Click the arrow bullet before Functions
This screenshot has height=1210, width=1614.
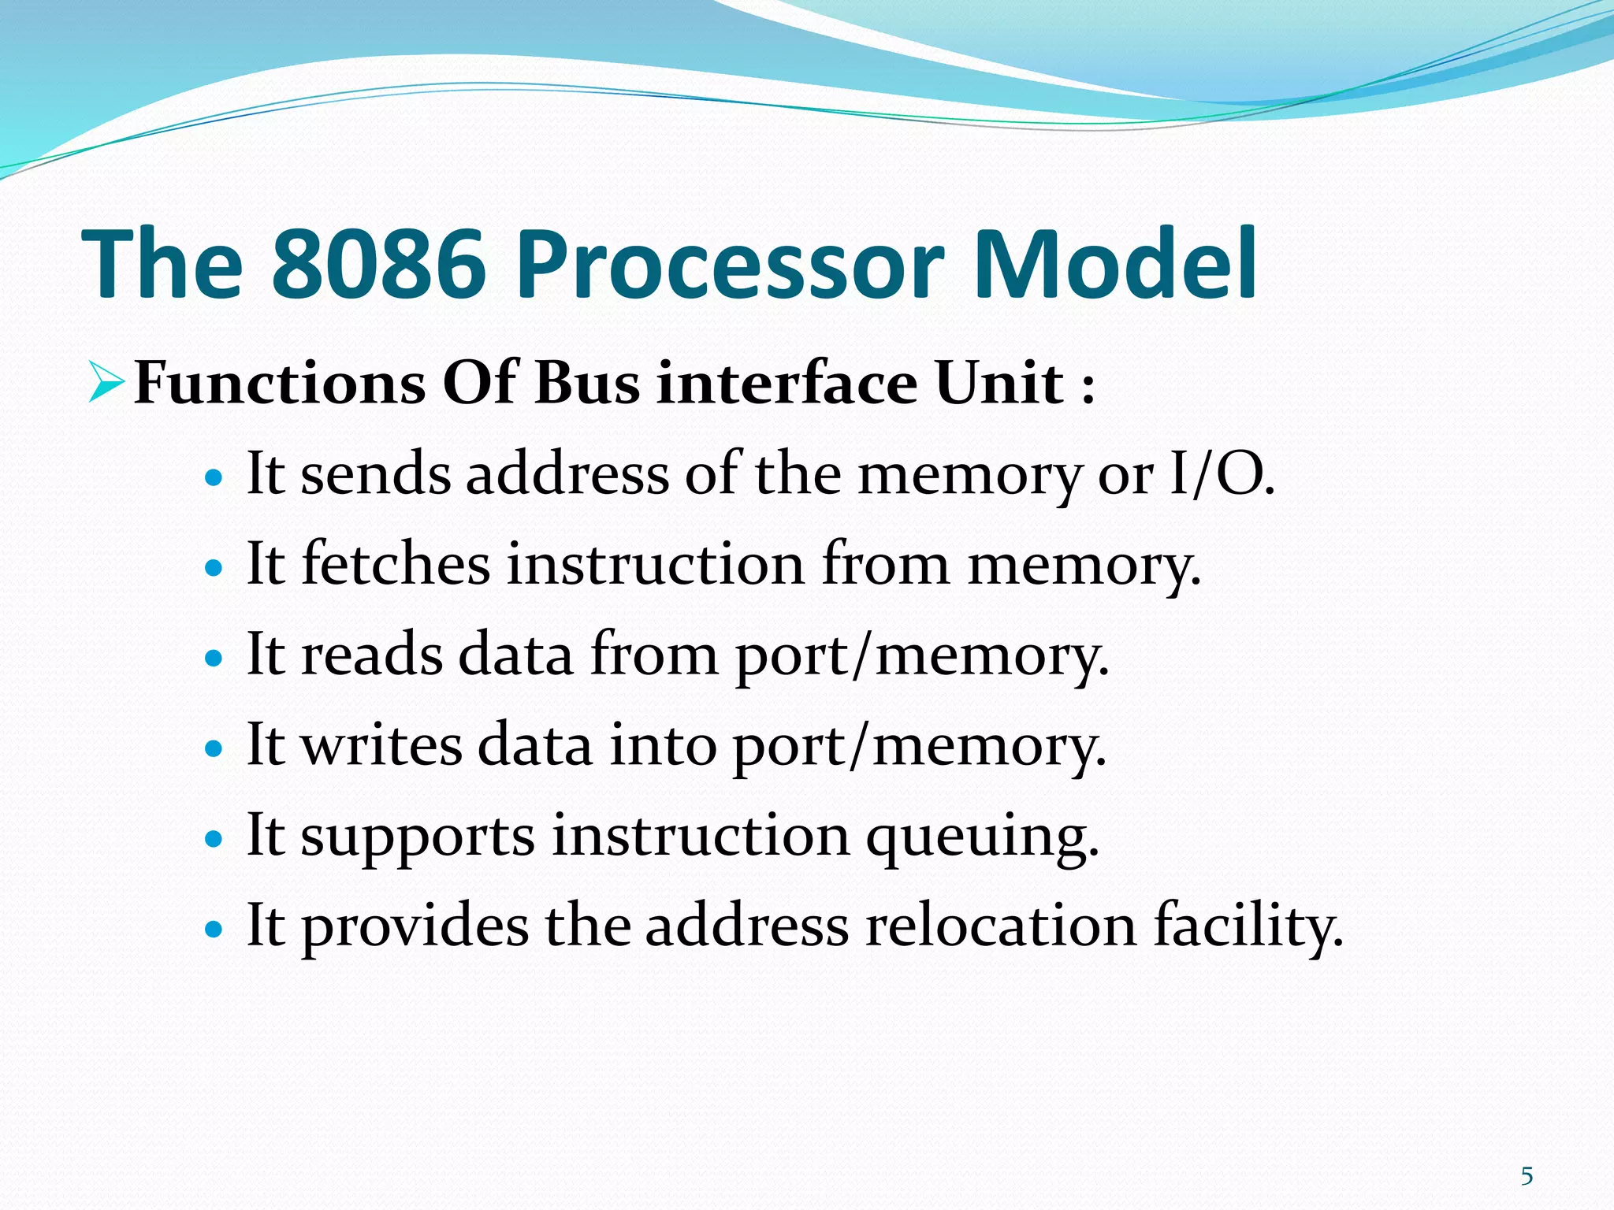pyautogui.click(x=106, y=382)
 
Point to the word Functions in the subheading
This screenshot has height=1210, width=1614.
pyautogui.click(x=280, y=384)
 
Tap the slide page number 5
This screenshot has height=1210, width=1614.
pyautogui.click(x=1527, y=1176)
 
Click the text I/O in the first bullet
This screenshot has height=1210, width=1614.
pyautogui.click(x=1221, y=475)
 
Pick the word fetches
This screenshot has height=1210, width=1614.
pyautogui.click(x=396, y=565)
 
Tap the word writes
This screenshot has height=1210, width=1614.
pyautogui.click(x=382, y=745)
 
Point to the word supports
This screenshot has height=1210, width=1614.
pyautogui.click(x=418, y=837)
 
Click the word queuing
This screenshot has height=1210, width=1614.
pyautogui.click(x=982, y=837)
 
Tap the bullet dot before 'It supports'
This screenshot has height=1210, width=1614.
pyautogui.click(x=214, y=839)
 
